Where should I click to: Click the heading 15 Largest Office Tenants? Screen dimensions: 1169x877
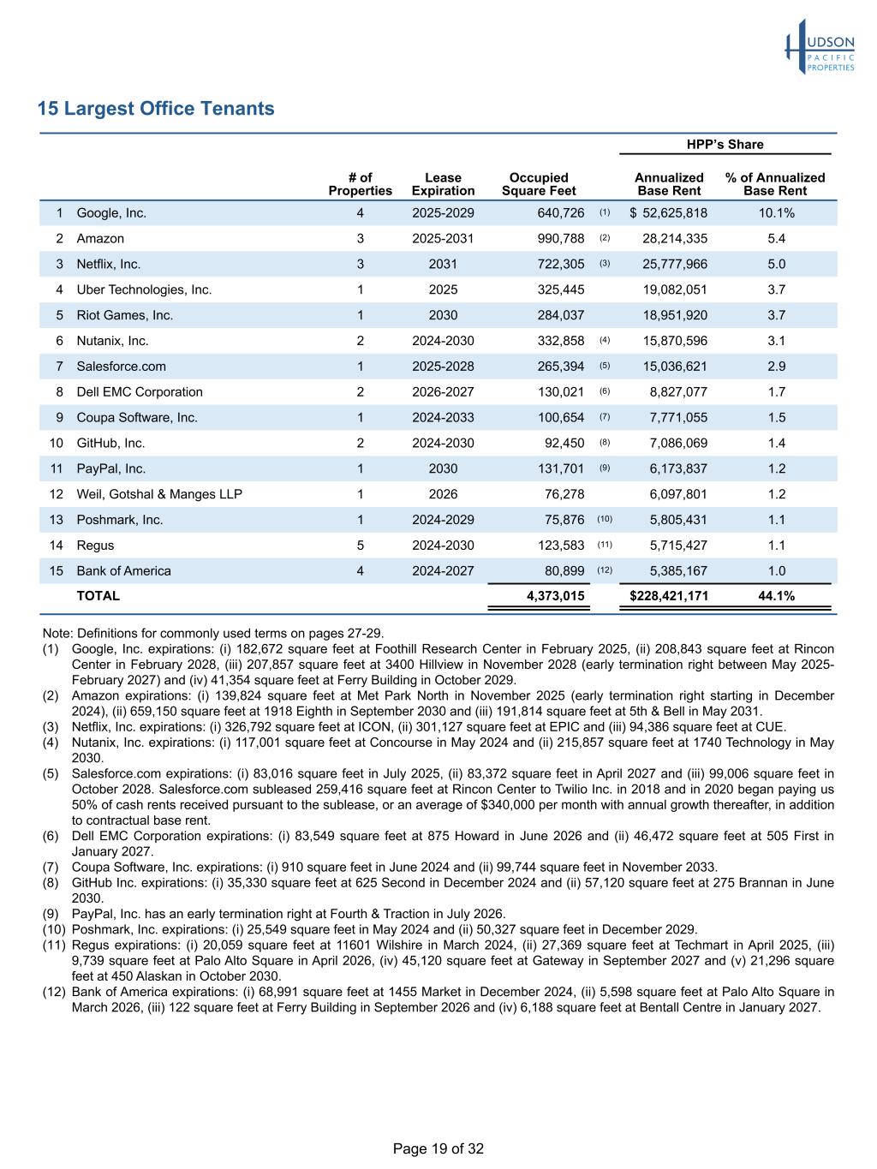click(156, 109)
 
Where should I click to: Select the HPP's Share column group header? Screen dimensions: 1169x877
click(725, 145)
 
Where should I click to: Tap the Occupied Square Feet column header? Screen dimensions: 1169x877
click(539, 184)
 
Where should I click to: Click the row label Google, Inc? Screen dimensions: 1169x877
click(111, 213)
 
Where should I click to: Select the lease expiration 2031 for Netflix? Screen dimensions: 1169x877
click(443, 265)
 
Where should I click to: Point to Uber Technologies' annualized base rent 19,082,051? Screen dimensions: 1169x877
click(675, 290)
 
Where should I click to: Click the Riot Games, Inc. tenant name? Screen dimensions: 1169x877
click(124, 315)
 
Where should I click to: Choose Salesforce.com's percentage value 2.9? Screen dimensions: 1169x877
click(776, 367)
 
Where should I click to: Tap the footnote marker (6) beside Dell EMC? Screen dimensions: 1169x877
click(605, 392)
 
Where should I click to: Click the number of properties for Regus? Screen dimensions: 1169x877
click(361, 546)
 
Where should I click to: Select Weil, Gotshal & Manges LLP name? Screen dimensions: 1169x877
click(159, 494)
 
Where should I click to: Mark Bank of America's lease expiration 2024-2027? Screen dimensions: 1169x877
click(443, 571)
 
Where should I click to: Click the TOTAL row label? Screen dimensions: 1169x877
click(98, 596)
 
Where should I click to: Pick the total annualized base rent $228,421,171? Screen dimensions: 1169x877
click(669, 596)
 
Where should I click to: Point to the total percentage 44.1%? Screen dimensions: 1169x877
click(776, 596)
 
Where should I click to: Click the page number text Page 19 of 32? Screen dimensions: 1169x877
click(438, 1148)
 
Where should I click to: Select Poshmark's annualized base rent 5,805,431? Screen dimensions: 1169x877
click(678, 520)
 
